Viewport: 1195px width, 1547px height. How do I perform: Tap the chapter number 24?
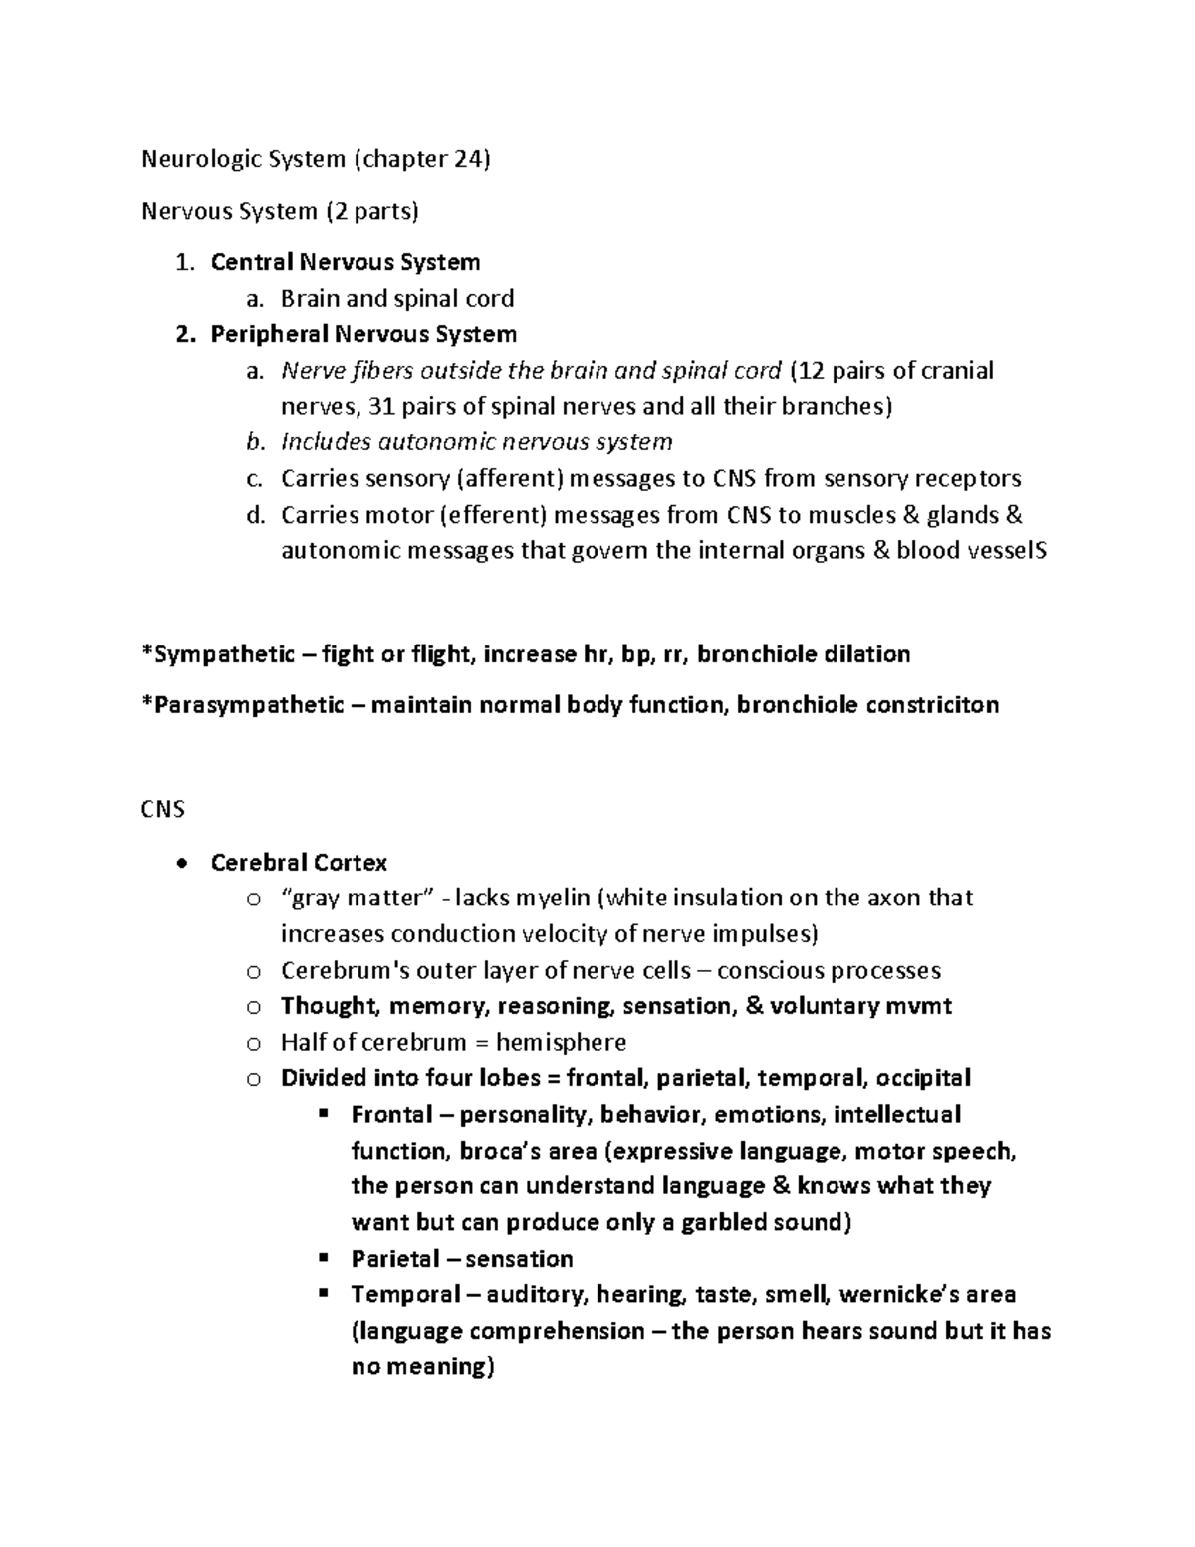click(466, 159)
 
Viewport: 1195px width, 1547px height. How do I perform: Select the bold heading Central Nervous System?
click(345, 262)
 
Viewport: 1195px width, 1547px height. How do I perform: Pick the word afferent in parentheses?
click(509, 479)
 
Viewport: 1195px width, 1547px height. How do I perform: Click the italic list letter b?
click(254, 442)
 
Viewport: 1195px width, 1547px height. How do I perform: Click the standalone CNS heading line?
click(163, 809)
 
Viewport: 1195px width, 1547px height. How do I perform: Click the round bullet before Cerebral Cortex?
click(180, 863)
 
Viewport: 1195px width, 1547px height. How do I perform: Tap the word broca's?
click(498, 1151)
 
